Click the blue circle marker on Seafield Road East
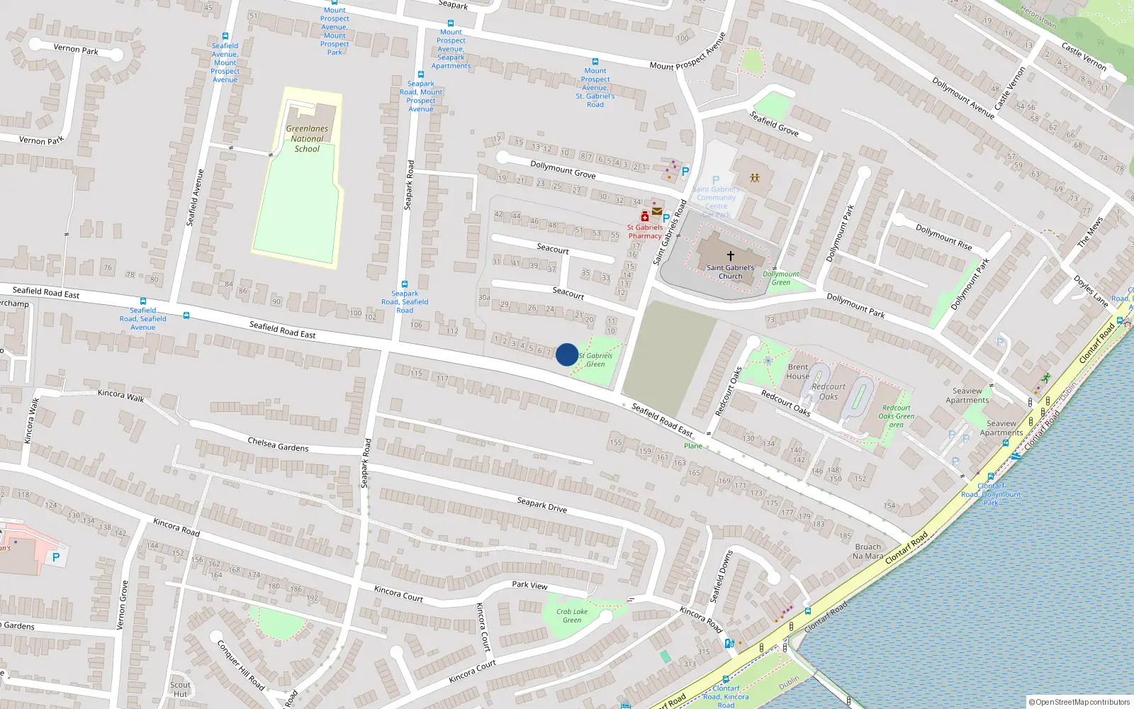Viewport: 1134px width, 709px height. [x=566, y=354]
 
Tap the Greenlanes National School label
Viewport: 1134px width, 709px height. [x=307, y=139]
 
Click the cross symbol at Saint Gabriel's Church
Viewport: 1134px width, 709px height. [x=730, y=255]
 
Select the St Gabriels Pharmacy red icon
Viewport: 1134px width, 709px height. [x=644, y=216]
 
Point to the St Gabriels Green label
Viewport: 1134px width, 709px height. [x=595, y=360]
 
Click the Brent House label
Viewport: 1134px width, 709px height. [x=798, y=372]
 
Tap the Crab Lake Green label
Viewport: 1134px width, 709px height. [x=571, y=615]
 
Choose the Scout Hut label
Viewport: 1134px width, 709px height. [x=180, y=689]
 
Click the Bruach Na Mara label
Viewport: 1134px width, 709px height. [x=868, y=551]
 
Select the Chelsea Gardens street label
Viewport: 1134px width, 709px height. [x=278, y=445]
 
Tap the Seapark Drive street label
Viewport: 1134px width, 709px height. [x=541, y=504]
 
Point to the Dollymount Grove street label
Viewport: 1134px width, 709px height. [x=563, y=169]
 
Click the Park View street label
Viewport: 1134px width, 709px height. [x=529, y=585]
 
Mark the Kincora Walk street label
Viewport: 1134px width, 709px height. [x=120, y=396]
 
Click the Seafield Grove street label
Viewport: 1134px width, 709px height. [x=774, y=123]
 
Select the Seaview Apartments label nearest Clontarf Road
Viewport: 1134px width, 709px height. [x=1001, y=428]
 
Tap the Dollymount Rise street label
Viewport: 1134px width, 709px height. [x=943, y=237]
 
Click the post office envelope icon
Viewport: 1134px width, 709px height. [x=657, y=211]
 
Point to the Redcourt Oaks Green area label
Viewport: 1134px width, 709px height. [x=896, y=416]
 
